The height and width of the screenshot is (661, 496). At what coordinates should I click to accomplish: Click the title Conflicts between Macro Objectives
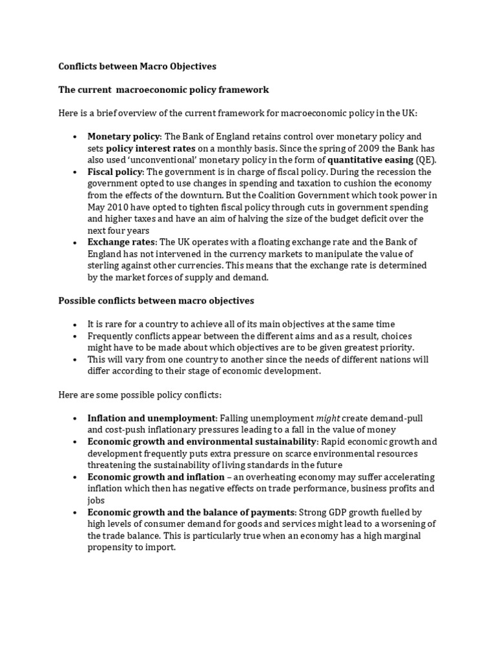click(137, 66)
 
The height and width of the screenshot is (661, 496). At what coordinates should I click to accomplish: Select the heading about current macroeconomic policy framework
click(163, 89)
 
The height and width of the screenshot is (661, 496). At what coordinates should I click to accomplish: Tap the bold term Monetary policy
click(123, 136)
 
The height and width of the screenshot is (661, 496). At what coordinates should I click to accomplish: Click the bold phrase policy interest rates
click(150, 148)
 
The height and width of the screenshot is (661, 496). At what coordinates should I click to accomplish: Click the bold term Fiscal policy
click(115, 172)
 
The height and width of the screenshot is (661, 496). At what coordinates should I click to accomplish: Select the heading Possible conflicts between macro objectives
click(156, 300)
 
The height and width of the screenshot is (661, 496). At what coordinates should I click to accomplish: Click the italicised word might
click(329, 418)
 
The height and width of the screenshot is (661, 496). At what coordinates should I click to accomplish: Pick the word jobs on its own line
click(96, 500)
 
